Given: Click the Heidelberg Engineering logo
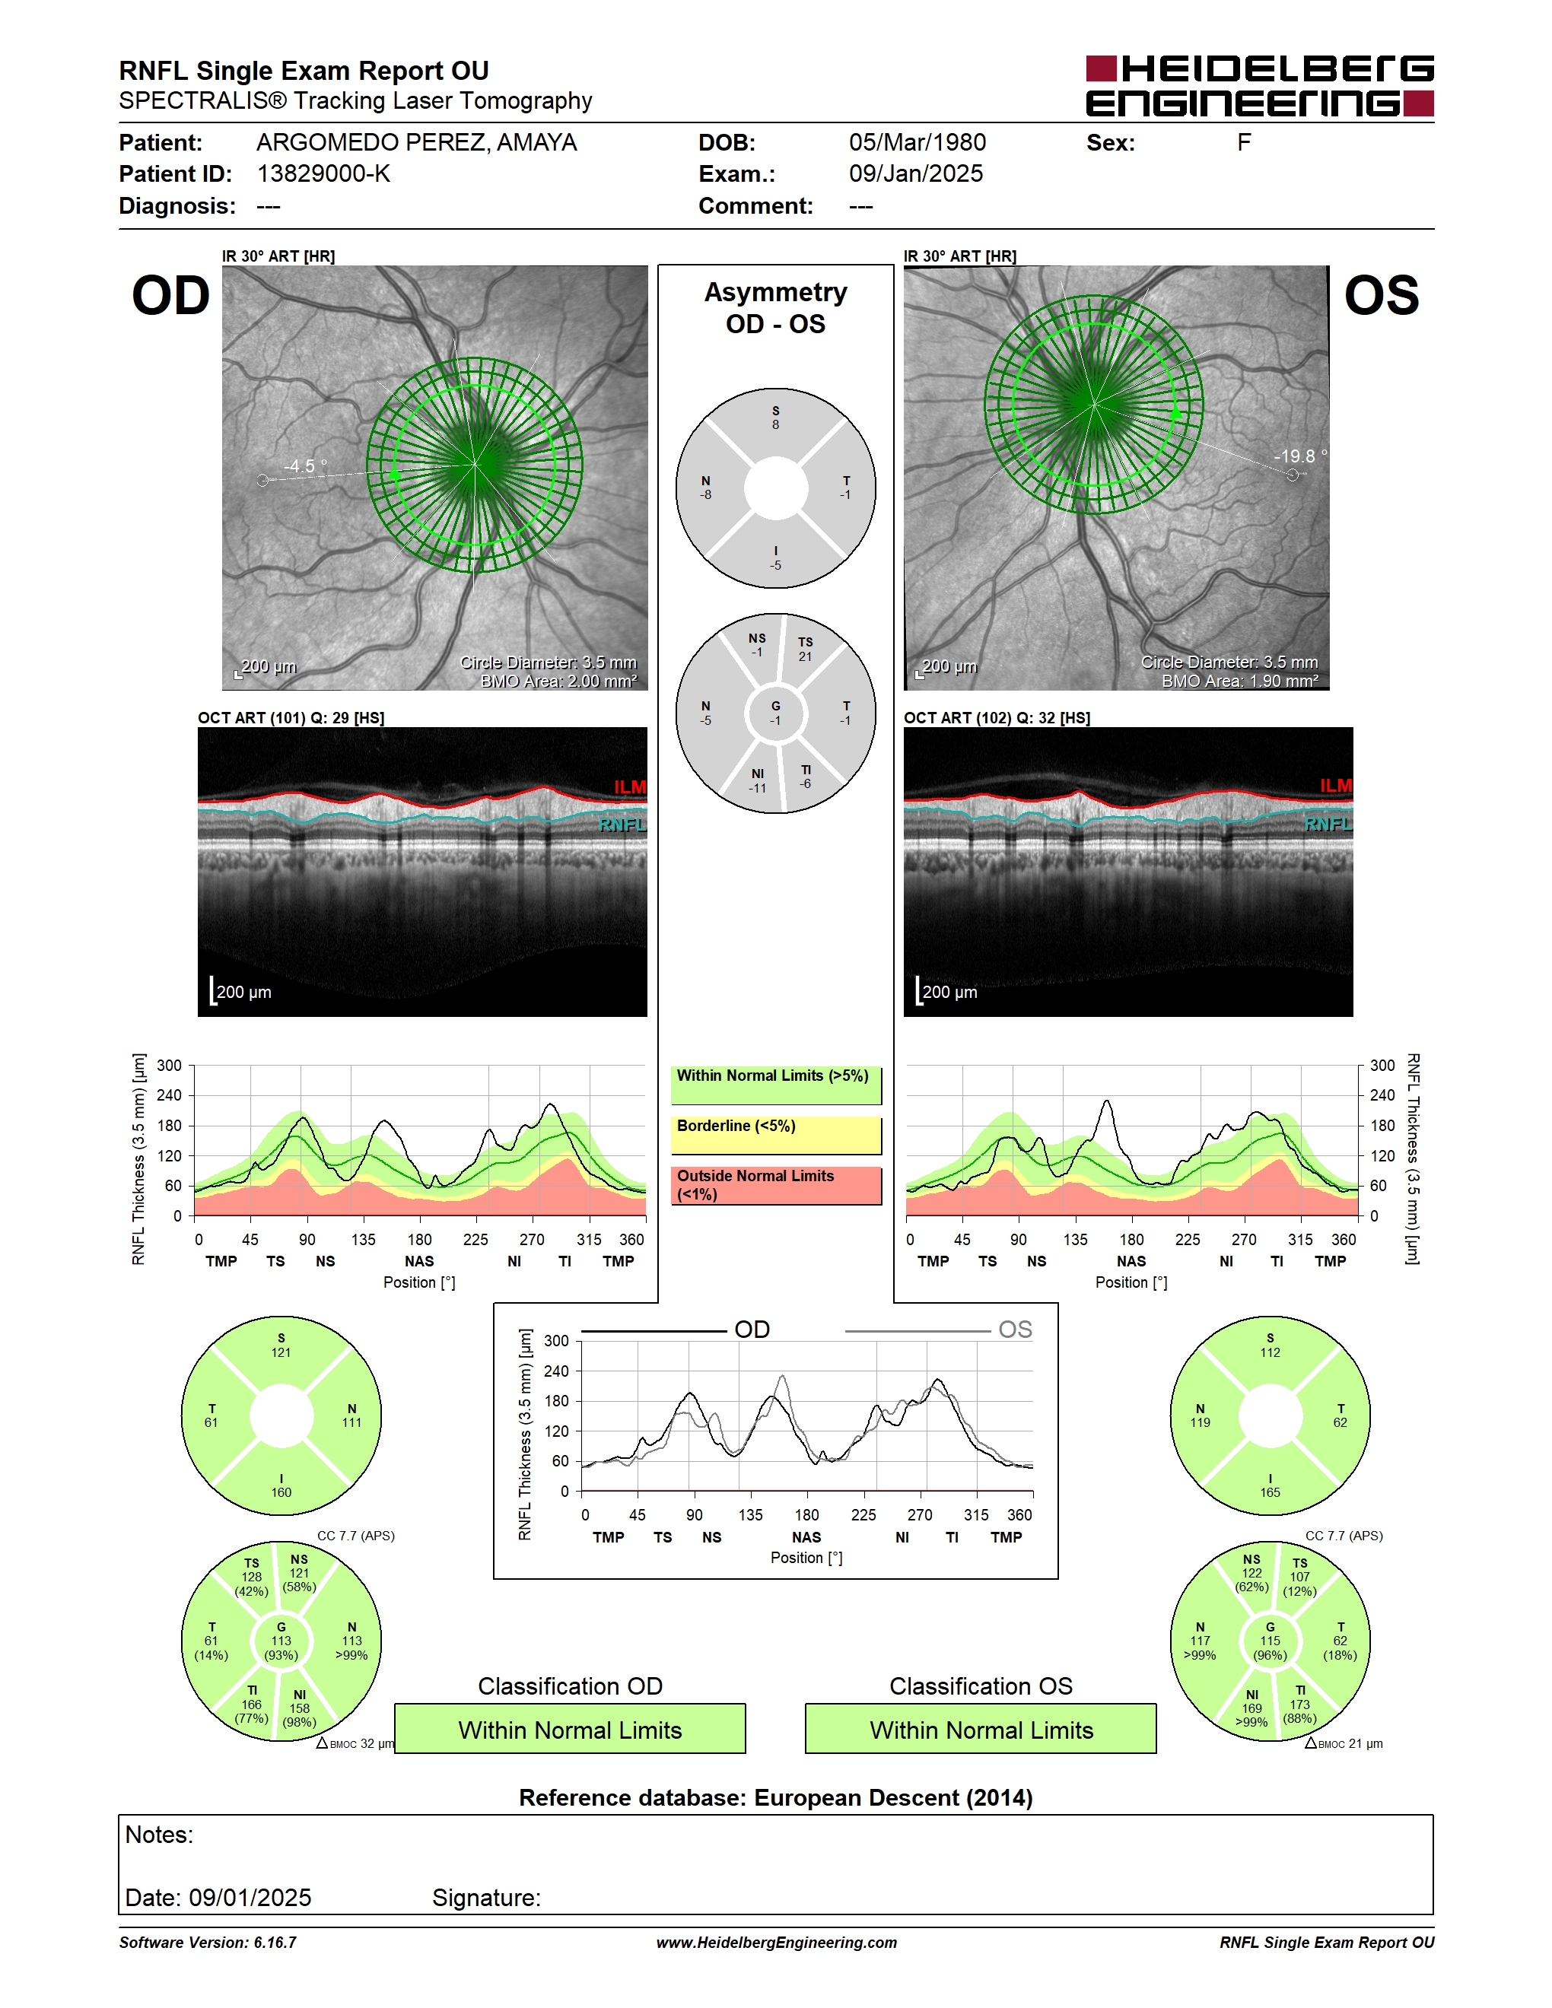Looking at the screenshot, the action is pyautogui.click(x=1260, y=85).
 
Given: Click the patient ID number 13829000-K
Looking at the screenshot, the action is pyautogui.click(x=323, y=173).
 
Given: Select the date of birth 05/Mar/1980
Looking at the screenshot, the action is pyautogui.click(x=917, y=142).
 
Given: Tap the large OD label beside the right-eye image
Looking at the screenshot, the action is pyautogui.click(x=171, y=296).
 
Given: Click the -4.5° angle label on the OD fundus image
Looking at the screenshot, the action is pyautogui.click(x=305, y=466).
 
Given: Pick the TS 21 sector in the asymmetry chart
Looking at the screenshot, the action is pyautogui.click(x=806, y=649).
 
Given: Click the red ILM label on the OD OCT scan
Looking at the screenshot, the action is pyautogui.click(x=630, y=787).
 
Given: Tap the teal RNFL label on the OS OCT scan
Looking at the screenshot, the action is pyautogui.click(x=1328, y=824).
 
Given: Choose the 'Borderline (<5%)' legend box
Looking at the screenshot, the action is pyautogui.click(x=776, y=1136).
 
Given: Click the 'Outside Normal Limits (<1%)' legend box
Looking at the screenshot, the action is pyautogui.click(x=776, y=1185).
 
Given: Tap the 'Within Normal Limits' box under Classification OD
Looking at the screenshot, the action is pyautogui.click(x=570, y=1729).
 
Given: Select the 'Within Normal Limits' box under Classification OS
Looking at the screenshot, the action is pyautogui.click(x=981, y=1729).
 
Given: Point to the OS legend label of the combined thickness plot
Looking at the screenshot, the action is pyautogui.click(x=1015, y=1330).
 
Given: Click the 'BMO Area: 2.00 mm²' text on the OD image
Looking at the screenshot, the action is pyautogui.click(x=558, y=682).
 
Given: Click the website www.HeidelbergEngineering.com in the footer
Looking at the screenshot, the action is pyautogui.click(x=776, y=1943).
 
